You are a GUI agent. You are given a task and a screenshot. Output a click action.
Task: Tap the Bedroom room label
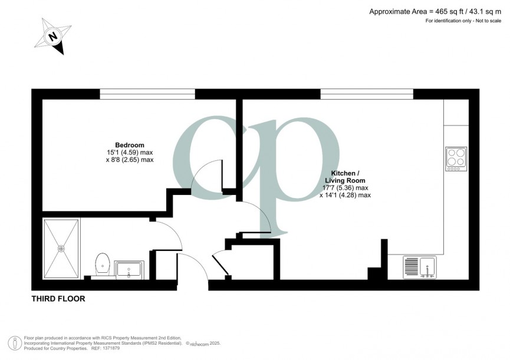click(x=129, y=145)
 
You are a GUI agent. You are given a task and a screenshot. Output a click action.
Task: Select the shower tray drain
click(x=61, y=249)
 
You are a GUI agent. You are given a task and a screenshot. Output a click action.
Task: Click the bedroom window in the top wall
click(x=147, y=94)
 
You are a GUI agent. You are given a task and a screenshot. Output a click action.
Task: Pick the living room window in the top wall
click(x=366, y=94)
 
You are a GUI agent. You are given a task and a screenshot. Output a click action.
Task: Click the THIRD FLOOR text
click(x=58, y=299)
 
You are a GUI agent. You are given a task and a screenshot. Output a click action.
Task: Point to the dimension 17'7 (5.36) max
click(x=345, y=188)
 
